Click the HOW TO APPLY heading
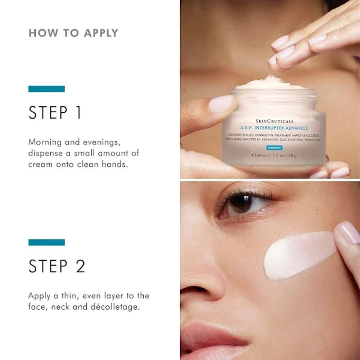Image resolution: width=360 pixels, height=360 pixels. click(x=73, y=33)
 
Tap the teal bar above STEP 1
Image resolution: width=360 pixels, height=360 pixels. click(x=46, y=89)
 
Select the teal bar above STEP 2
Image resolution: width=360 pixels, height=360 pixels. click(x=46, y=242)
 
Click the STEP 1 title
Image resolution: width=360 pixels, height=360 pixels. click(x=55, y=113)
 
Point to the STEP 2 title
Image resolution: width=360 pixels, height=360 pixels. click(x=57, y=266)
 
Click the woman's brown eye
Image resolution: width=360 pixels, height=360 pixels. click(x=240, y=203)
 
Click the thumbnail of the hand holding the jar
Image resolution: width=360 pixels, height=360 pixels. click(x=221, y=104)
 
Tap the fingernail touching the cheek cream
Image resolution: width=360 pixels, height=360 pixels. click(x=348, y=232)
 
